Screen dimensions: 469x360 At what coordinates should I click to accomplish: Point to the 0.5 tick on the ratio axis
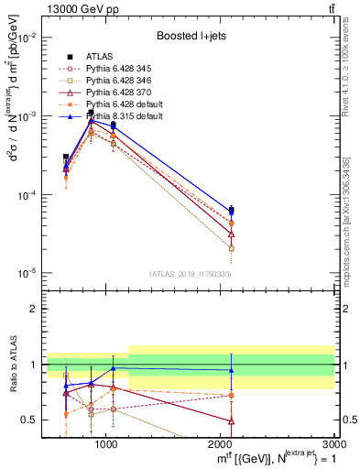(x=29, y=420)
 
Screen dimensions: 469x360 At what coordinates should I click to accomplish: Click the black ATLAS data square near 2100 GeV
(x=232, y=210)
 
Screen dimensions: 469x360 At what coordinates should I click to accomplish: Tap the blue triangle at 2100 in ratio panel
(x=232, y=370)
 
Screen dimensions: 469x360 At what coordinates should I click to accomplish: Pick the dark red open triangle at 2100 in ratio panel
(x=232, y=421)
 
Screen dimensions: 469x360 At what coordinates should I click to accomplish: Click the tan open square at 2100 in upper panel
(x=232, y=248)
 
